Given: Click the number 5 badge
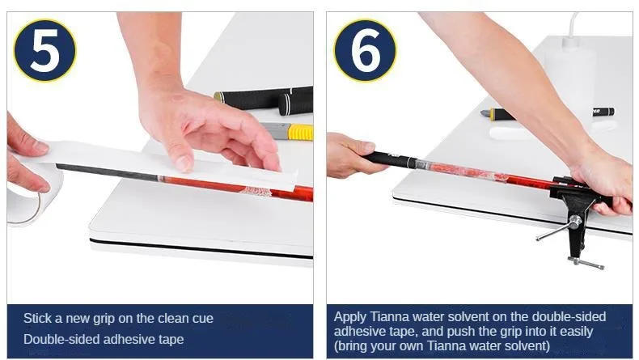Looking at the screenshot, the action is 44,49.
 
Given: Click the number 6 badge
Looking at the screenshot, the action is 365,49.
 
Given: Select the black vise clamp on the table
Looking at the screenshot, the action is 574,208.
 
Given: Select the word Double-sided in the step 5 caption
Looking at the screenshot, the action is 56,339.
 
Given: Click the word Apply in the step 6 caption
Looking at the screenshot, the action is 350,318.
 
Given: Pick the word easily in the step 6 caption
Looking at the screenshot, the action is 576,332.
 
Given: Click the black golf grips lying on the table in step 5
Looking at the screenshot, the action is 264,100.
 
